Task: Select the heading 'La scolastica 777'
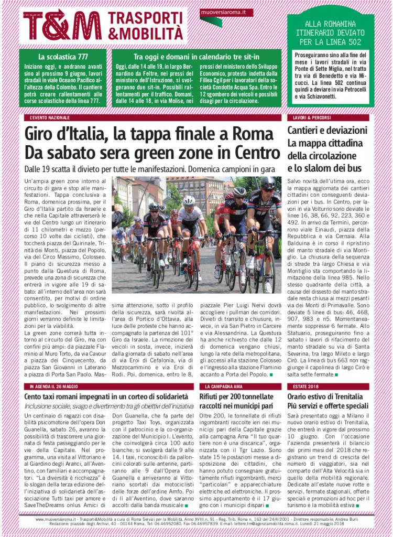pyautogui.click(x=61, y=56)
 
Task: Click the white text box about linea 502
pyautogui.click(x=331, y=76)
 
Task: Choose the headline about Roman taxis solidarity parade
pyautogui.click(x=106, y=396)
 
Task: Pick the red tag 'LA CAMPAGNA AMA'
pyautogui.click(x=223, y=386)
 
